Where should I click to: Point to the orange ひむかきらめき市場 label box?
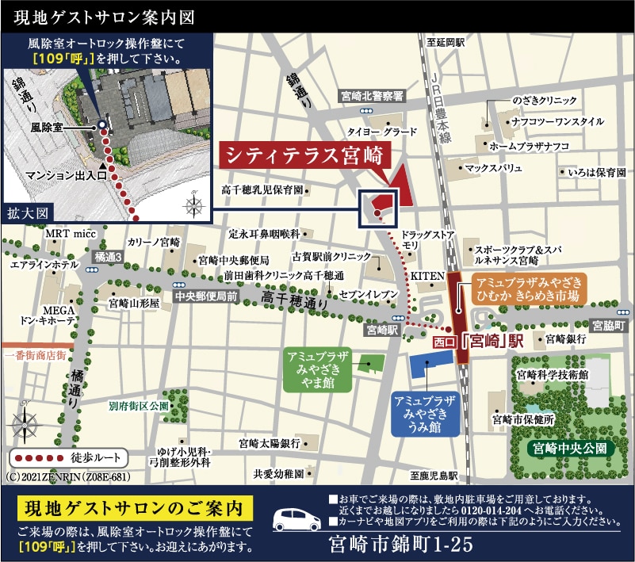(529, 289)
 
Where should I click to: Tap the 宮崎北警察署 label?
(372, 95)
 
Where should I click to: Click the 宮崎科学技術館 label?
(551, 373)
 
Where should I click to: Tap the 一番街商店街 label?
(34, 356)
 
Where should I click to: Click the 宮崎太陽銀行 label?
(269, 443)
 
